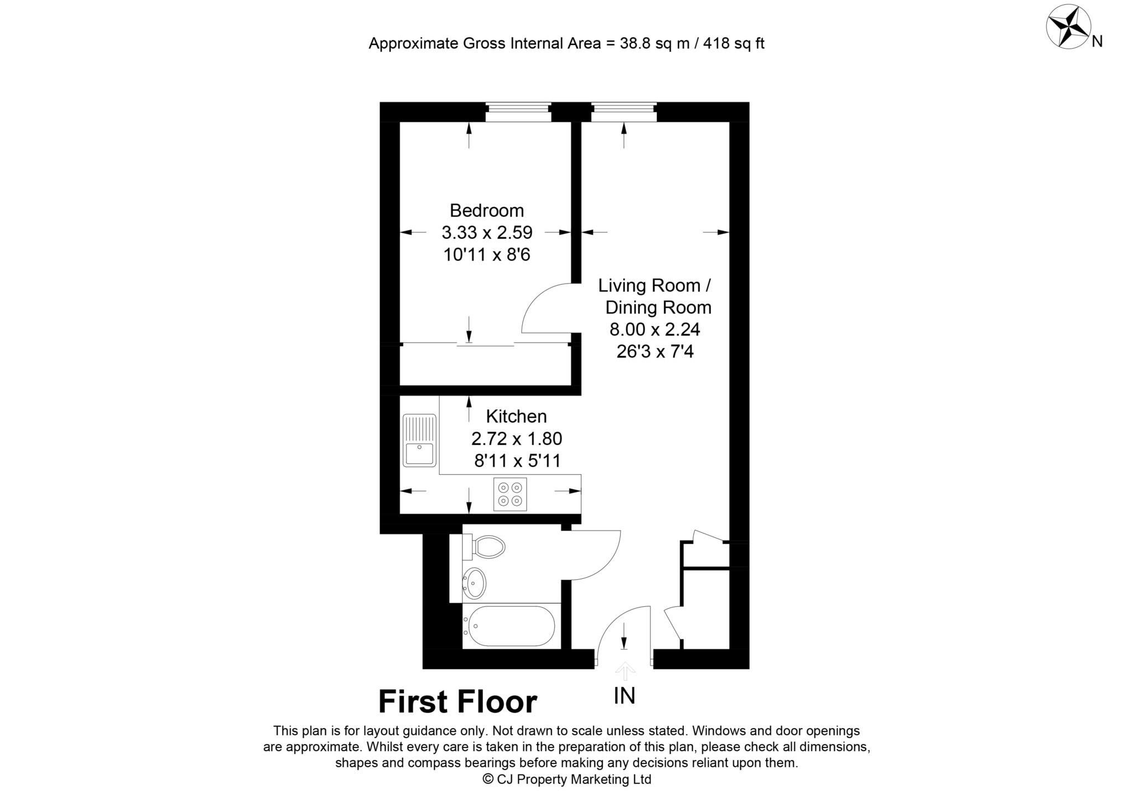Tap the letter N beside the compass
1098,41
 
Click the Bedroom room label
486,211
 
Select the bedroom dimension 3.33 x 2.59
486,233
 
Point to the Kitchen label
516,416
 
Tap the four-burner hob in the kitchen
510,494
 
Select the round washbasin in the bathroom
474,583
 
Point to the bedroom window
518,112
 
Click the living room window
624,112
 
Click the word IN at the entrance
625,696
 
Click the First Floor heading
458,702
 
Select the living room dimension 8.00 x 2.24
654,329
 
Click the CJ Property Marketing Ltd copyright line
566,779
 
